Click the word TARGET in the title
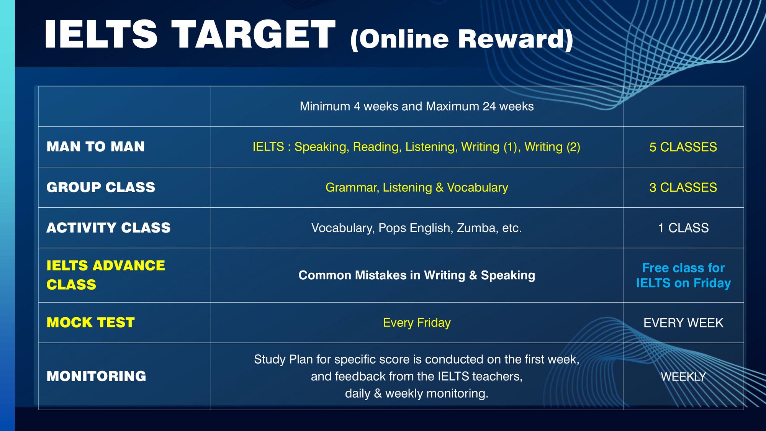tap(253, 34)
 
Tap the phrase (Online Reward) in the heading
tap(462, 39)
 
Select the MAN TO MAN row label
tap(96, 147)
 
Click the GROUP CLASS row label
tap(101, 187)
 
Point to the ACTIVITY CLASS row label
tap(108, 228)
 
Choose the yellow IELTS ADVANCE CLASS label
tap(106, 275)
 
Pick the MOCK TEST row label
tap(90, 323)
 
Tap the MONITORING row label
tap(96, 376)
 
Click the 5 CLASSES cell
tap(683, 147)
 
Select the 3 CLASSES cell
tap(683, 188)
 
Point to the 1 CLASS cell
tap(683, 228)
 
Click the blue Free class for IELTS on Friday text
tap(683, 275)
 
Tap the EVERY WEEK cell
tap(683, 323)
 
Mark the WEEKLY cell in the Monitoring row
tap(683, 377)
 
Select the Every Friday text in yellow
tap(417, 323)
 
